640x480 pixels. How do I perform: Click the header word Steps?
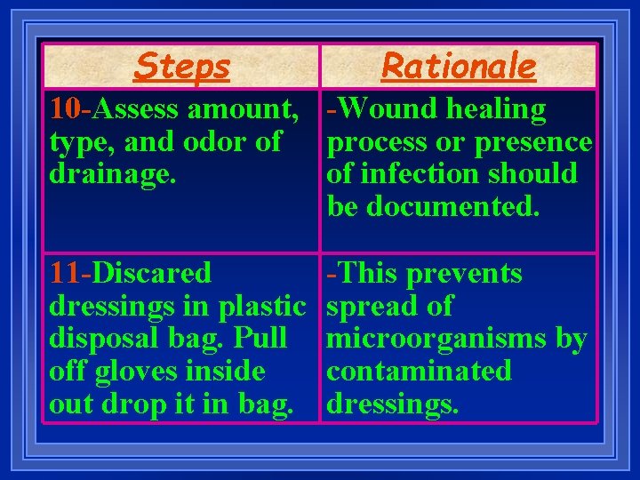(x=181, y=66)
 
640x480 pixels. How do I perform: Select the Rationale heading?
(x=459, y=66)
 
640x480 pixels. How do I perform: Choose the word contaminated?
(x=420, y=371)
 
